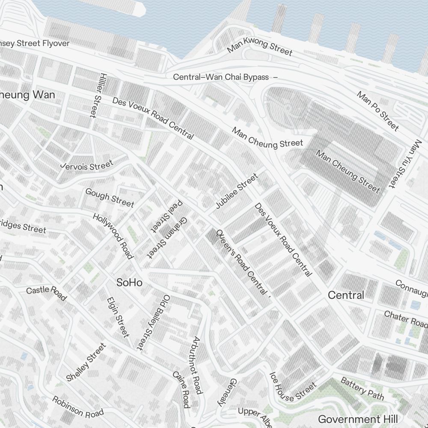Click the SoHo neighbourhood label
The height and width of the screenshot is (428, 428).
pos(129,282)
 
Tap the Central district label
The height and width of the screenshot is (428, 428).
pos(346,295)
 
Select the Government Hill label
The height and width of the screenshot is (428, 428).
pos(358,419)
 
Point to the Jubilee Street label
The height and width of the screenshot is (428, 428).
pos(237,191)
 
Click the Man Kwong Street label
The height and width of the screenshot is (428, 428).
pos(259,46)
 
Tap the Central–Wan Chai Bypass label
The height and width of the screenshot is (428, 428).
pos(221,77)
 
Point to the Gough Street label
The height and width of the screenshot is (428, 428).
pos(110,197)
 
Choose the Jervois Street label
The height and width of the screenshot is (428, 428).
pos(87,165)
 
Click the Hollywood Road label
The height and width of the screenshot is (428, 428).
pos(113,236)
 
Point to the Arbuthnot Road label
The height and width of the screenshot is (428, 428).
pos(197,365)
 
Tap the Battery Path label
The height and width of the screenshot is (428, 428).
pos(362,388)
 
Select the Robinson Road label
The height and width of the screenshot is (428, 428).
pos(78,407)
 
